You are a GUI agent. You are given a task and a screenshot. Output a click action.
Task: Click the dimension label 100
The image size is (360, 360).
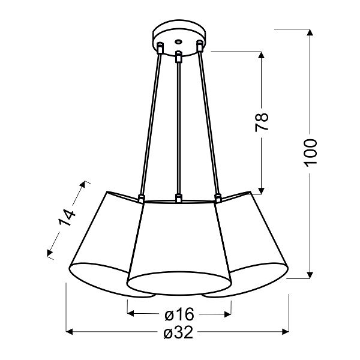click(x=310, y=154)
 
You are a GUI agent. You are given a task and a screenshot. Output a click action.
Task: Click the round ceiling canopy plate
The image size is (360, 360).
click(x=178, y=38)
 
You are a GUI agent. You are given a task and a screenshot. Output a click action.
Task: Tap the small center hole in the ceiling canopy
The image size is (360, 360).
click(x=178, y=42)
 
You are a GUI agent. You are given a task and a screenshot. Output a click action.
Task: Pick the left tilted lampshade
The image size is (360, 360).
click(x=102, y=246)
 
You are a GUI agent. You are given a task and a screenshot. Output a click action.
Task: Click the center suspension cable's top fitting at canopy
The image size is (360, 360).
click(x=178, y=58)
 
